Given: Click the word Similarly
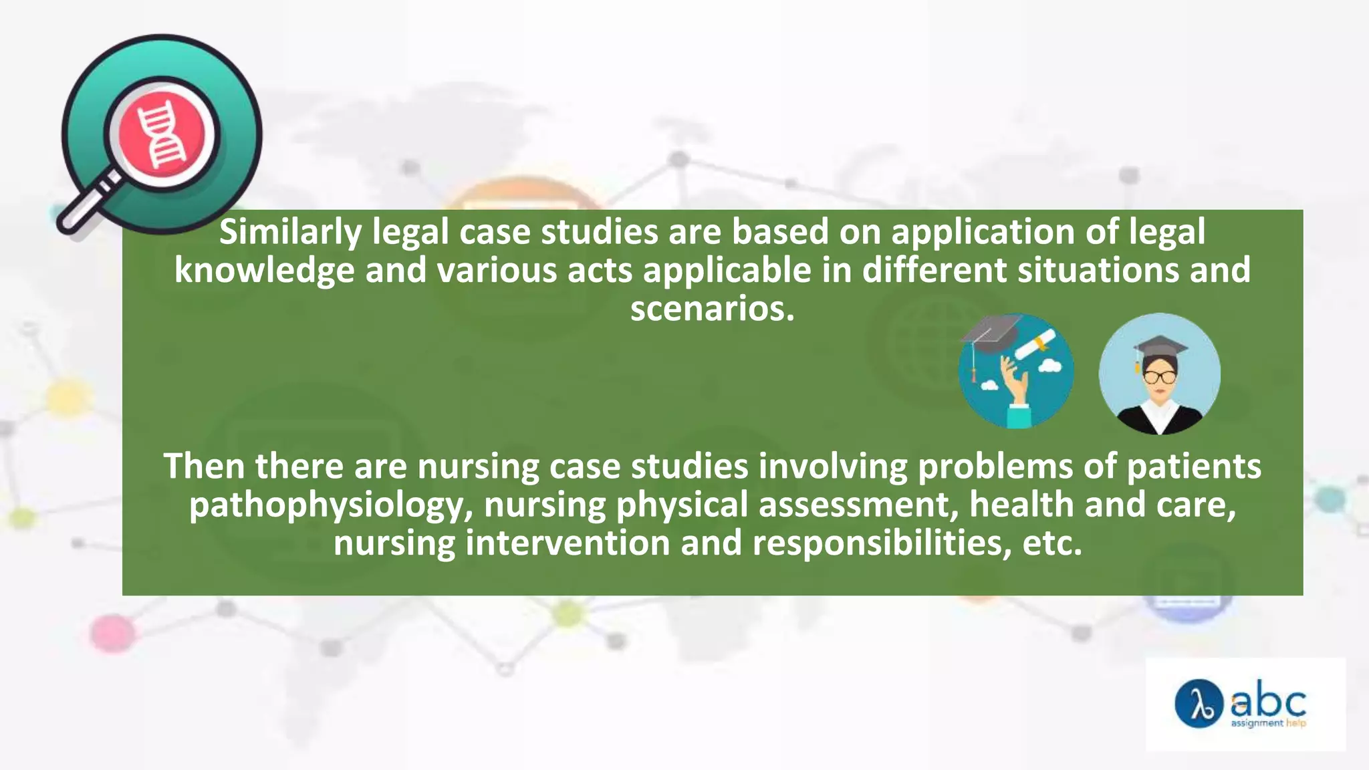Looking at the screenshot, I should [x=290, y=233].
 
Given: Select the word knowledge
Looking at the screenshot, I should [x=264, y=271].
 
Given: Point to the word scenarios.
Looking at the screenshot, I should [x=712, y=309].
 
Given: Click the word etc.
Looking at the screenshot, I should [x=1052, y=543].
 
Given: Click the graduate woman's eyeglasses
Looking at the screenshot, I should [x=1160, y=377].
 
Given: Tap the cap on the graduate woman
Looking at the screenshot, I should [x=1160, y=348].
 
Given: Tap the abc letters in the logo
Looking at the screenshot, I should [x=1268, y=701].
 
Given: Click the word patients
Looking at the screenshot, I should [x=1194, y=466].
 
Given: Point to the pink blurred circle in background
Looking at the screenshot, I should [x=112, y=632].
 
